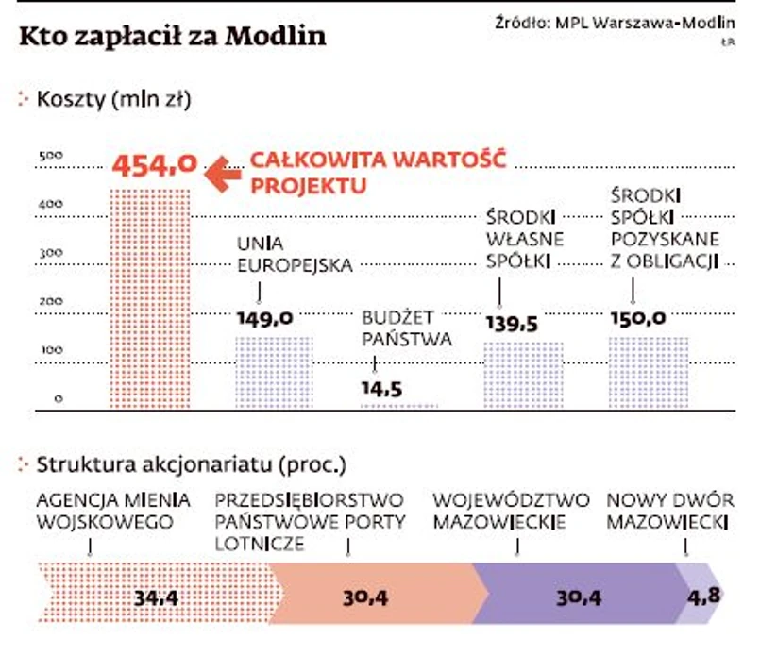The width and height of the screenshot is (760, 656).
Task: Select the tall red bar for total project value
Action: pos(151,297)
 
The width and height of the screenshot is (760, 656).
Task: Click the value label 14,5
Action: pos(381,388)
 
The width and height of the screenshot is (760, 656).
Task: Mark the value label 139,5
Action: pos(512,324)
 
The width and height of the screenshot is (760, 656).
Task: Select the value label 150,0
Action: pos(637,319)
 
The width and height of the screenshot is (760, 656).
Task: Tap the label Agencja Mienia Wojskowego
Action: pos(113,511)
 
